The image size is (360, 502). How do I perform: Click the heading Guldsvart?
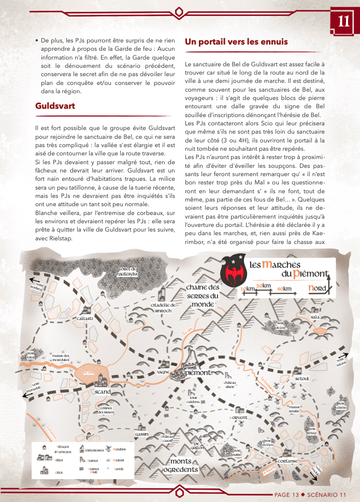(55, 106)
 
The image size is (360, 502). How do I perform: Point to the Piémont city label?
(196, 372)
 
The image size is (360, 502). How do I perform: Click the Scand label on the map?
(103, 393)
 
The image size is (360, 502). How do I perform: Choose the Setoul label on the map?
(301, 379)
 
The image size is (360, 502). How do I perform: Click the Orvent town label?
(240, 417)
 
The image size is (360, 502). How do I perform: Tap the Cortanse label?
(287, 461)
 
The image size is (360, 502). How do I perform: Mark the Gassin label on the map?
(142, 434)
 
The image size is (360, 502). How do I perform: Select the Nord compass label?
(317, 288)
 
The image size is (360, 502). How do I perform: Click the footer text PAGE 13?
(286, 494)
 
